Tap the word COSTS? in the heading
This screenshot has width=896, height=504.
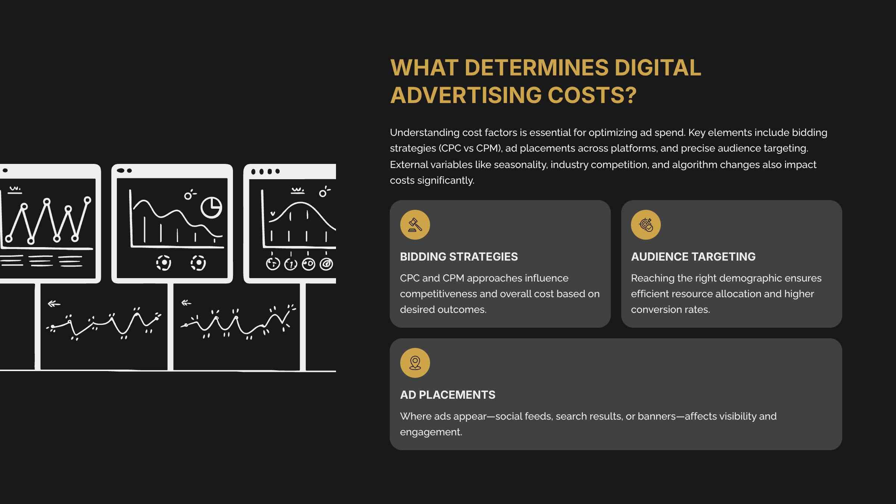592,95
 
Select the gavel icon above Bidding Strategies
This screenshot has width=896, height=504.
415,225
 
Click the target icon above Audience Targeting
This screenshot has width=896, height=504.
645,225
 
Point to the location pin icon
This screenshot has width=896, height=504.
415,363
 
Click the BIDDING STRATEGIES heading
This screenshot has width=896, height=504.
459,257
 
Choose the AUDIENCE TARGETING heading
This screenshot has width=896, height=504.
693,257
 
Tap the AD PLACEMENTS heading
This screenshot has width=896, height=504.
447,395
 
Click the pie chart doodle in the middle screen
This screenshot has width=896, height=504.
211,207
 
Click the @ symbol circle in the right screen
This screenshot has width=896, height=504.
326,264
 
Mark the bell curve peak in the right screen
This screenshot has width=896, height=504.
299,203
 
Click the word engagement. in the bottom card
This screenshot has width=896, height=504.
431,432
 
